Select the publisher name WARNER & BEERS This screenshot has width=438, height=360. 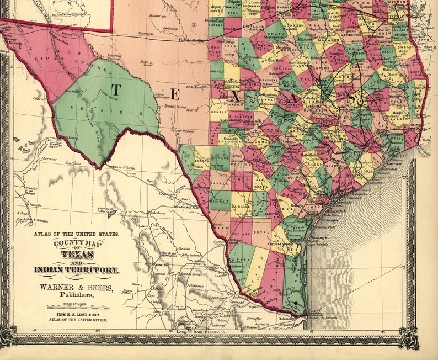click(76, 287)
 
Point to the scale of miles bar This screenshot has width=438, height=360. click(76, 306)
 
